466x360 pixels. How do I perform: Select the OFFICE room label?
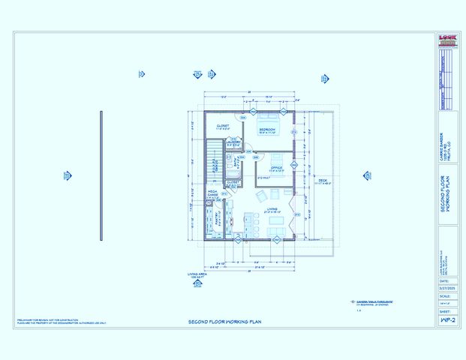pos(275,166)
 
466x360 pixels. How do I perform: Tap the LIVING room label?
pos(272,209)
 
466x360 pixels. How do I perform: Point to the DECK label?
pos(323,179)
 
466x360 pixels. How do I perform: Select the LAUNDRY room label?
pos(234,142)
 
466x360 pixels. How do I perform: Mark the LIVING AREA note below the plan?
pos(197,275)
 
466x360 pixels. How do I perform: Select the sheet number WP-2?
pos(446,319)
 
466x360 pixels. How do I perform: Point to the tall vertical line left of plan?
pos(101,176)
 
